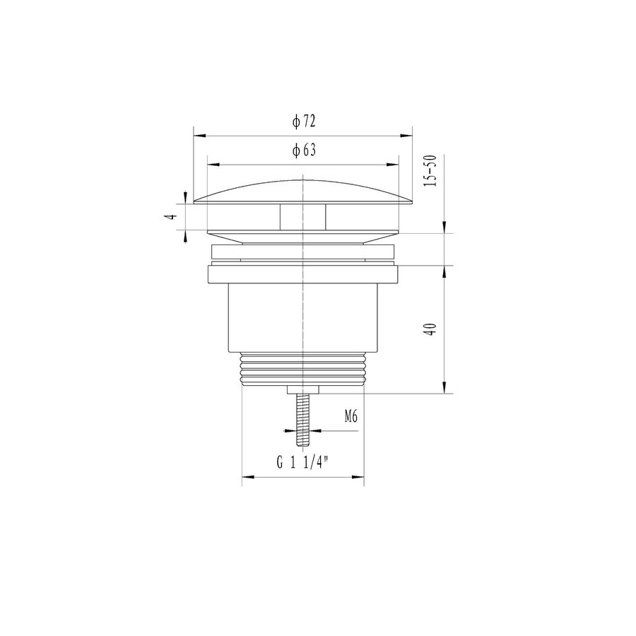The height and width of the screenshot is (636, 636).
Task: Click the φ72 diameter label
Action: click(x=303, y=122)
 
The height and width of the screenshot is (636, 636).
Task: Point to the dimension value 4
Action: click(x=170, y=217)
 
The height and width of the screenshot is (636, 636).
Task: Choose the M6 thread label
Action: click(x=351, y=417)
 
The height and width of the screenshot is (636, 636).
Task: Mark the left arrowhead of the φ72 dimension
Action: click(x=199, y=135)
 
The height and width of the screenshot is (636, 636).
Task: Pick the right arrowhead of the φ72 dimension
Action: click(x=408, y=135)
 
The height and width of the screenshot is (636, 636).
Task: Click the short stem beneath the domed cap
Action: click(x=303, y=217)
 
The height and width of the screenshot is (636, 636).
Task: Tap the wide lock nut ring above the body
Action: click(x=303, y=273)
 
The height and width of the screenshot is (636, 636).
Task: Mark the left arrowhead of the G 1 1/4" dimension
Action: click(x=247, y=478)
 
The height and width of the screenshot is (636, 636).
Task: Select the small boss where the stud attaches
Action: click(x=303, y=389)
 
